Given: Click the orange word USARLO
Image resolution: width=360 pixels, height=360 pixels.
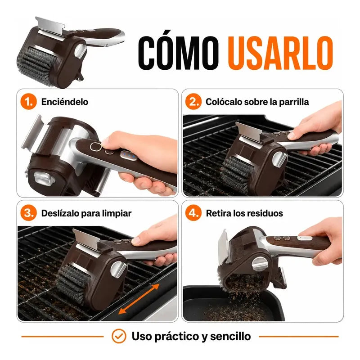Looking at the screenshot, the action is (280, 53).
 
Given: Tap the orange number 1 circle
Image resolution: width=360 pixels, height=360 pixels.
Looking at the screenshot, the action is (28, 102).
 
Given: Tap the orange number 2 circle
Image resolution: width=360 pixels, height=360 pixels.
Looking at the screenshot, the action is (193, 102).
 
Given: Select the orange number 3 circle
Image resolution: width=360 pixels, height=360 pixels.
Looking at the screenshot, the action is (28, 213).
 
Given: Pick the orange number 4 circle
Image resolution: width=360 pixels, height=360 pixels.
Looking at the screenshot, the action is (193, 213).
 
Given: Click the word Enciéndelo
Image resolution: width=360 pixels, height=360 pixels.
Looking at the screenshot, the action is (65, 102).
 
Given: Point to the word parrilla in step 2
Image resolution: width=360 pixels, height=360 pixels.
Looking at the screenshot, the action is (294, 102).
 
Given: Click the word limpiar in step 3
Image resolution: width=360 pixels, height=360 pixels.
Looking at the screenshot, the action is (117, 213).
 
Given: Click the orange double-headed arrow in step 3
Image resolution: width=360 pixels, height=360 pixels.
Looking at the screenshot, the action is (139, 299).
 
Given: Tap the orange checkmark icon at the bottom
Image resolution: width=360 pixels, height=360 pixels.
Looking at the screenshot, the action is (119, 336).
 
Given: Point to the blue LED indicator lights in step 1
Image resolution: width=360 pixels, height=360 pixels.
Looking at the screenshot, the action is (128, 155).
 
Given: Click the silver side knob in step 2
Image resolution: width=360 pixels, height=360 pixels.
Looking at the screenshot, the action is (279, 159).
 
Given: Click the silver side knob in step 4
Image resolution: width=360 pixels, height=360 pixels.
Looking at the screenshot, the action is (260, 264).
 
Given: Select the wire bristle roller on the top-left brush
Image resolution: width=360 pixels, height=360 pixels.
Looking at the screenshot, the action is (37, 65).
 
